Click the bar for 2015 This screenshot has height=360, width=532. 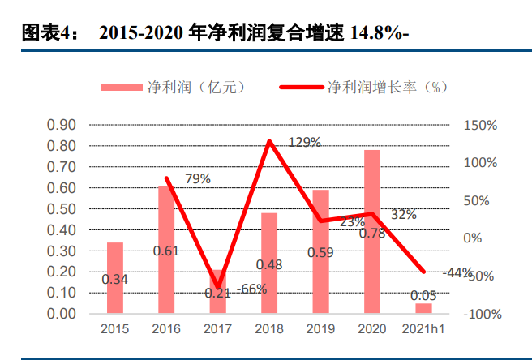pos(115,278)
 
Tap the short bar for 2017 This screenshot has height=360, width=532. pos(217,292)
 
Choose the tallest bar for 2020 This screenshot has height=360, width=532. pos(372,232)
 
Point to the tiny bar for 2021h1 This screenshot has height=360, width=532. pos(423,308)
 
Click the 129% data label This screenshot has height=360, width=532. pos(305,143)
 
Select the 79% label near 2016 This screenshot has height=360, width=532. pos(197,178)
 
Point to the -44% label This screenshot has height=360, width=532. pos(458,272)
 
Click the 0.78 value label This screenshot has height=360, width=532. pos(372,234)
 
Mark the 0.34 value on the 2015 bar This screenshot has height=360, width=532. pos(115,280)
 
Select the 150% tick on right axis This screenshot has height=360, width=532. pos(481,125)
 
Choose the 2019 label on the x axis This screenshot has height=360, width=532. pos(320,329)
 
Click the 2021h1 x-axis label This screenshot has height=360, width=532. pos(423,329)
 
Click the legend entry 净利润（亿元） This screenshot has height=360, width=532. pos(174,87)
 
